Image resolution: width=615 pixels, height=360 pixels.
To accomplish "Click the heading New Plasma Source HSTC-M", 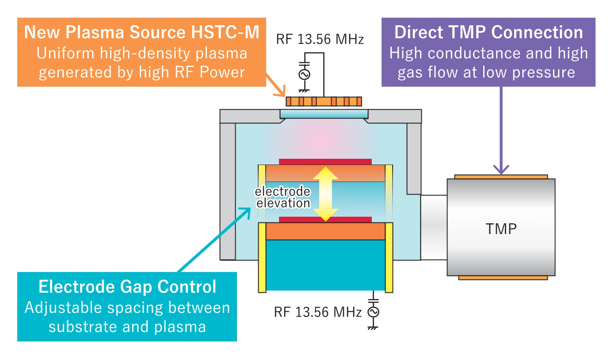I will point(141,33).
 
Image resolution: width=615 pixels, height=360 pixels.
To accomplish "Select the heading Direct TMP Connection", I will point(489,33).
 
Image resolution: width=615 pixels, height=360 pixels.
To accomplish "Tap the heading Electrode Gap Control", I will point(127,287).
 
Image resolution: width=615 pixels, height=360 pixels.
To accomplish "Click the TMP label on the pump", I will point(501,229).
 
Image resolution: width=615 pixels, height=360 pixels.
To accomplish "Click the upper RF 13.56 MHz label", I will point(320,40).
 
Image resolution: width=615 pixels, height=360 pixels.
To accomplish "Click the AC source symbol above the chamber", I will point(304,75).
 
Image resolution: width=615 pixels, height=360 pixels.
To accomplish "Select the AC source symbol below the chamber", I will point(374,312).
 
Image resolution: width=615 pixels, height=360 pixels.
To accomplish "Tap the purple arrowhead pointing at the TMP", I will point(501,169).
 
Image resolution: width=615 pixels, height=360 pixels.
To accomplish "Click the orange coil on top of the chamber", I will point(324,102).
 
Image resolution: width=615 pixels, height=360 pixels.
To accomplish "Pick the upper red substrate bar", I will point(325,161).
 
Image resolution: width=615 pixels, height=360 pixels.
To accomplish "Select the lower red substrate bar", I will point(325,220).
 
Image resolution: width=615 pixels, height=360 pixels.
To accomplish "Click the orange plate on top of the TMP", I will point(501,176).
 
